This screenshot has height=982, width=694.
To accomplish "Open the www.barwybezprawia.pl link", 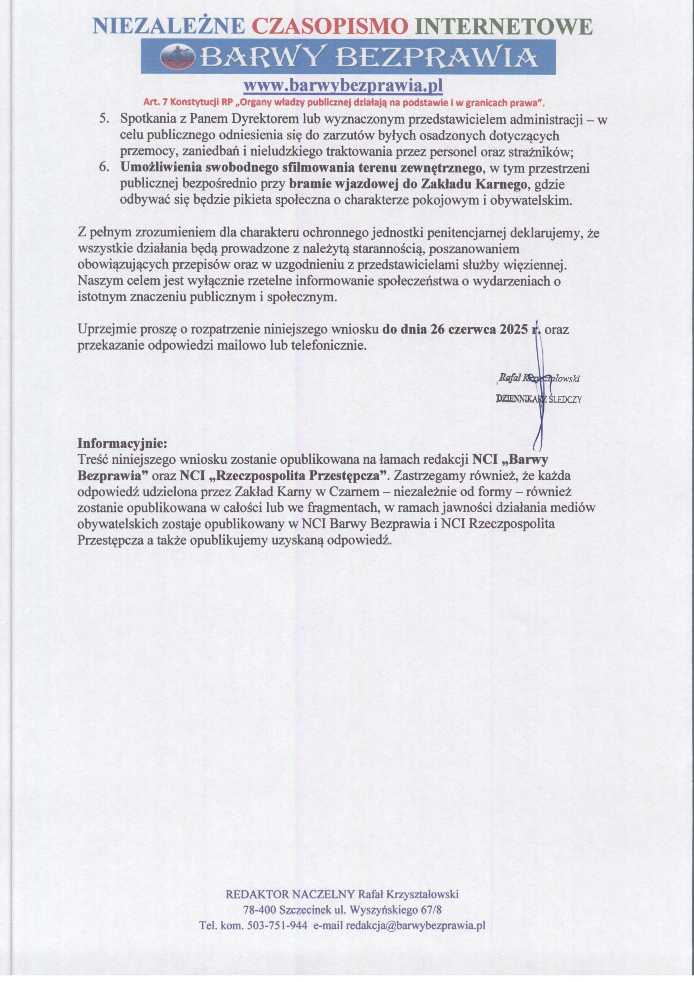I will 342,86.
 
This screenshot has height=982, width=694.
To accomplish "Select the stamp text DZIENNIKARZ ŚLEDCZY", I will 538,399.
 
